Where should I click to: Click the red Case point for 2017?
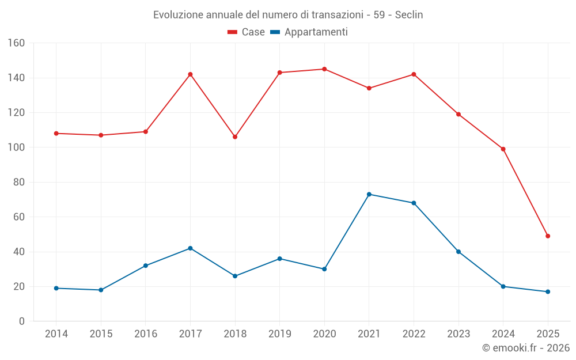click(x=190, y=74)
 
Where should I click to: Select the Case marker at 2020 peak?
click(x=324, y=69)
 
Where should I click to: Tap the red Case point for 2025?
click(x=548, y=236)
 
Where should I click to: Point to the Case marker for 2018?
click(x=235, y=137)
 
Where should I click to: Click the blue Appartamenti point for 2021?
click(x=369, y=194)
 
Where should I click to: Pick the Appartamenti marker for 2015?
click(x=101, y=290)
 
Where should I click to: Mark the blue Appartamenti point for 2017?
click(x=190, y=248)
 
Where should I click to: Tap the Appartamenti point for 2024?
click(x=503, y=286)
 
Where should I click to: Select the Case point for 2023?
click(x=458, y=114)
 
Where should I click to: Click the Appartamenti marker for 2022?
click(x=414, y=203)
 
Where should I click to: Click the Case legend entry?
click(x=246, y=32)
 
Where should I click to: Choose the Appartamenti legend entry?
click(x=309, y=32)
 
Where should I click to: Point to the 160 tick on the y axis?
click(x=16, y=43)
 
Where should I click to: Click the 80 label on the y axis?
click(x=19, y=182)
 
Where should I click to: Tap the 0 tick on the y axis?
click(x=21, y=321)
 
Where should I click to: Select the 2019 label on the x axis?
click(x=280, y=334)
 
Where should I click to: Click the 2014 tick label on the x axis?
click(x=56, y=334)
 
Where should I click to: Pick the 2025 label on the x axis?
click(x=548, y=334)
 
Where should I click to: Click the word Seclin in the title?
click(x=409, y=15)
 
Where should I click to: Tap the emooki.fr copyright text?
click(x=526, y=348)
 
